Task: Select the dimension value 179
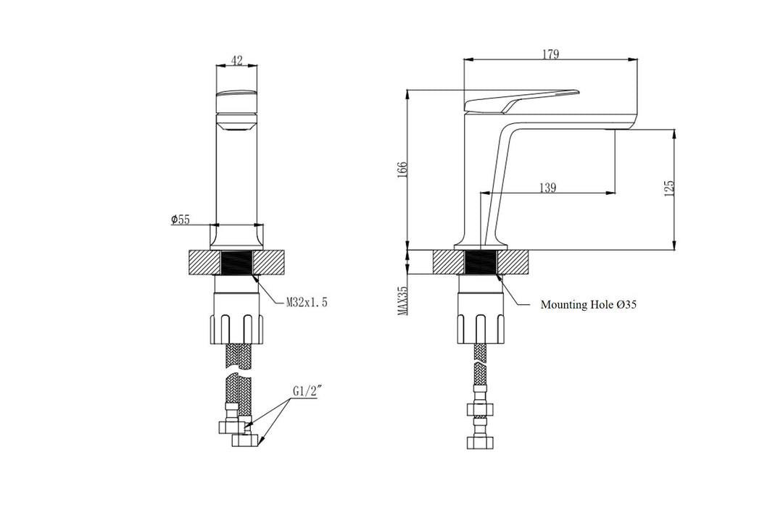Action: [x=549, y=54]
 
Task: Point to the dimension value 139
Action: [x=547, y=188]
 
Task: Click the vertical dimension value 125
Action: [x=669, y=188]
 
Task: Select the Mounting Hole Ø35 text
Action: [x=589, y=305]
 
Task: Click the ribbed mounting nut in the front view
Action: [x=236, y=327]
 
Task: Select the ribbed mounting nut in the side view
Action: [x=479, y=327]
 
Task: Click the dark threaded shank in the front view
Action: [x=236, y=262]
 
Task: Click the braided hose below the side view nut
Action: [x=479, y=367]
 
